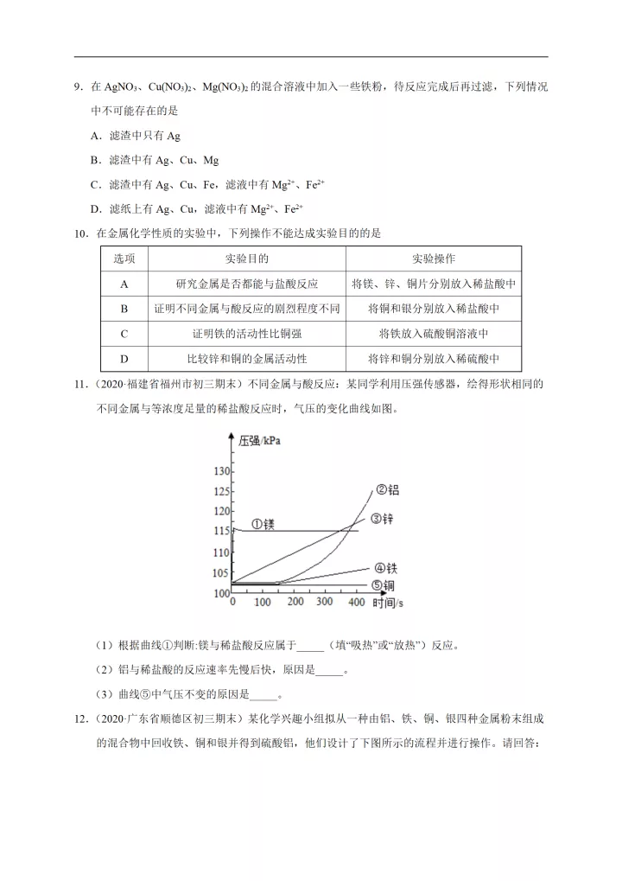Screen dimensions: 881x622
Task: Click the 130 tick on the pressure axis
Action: (x=221, y=471)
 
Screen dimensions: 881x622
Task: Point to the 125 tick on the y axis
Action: (x=221, y=492)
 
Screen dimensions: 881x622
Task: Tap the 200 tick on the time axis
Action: (x=295, y=602)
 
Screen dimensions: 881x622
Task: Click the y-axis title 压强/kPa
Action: (x=260, y=441)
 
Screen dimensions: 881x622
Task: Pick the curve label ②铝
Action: (x=386, y=490)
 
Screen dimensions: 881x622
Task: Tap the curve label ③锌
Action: (x=383, y=519)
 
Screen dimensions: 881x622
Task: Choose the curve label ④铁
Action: (x=385, y=568)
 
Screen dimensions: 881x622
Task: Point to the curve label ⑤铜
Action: (x=384, y=586)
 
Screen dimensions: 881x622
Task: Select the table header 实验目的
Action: (x=246, y=259)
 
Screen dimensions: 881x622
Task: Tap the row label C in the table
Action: (x=124, y=334)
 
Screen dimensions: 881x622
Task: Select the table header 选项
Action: (x=124, y=259)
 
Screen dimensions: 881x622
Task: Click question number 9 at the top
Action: (x=78, y=87)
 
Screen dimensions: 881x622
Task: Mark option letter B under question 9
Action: (x=95, y=160)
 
